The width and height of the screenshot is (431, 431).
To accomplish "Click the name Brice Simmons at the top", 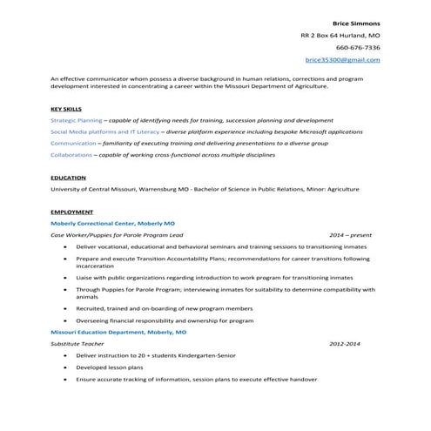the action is (x=357, y=22).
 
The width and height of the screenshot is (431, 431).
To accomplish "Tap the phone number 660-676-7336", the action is (x=358, y=47).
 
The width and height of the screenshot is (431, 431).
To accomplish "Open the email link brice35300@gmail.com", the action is (x=343, y=59).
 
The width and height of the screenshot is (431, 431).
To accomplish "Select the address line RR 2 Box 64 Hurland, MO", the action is (x=340, y=35).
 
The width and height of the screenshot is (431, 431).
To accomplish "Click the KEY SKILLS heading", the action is (x=66, y=109).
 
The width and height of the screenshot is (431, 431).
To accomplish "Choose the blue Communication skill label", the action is (x=73, y=143).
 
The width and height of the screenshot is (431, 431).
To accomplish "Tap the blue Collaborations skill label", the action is (x=71, y=154).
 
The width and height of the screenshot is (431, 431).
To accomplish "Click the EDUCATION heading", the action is (x=68, y=178).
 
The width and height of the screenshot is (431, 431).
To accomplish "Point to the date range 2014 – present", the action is (x=351, y=235).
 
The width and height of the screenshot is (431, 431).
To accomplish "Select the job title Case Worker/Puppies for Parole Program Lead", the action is (x=117, y=235).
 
